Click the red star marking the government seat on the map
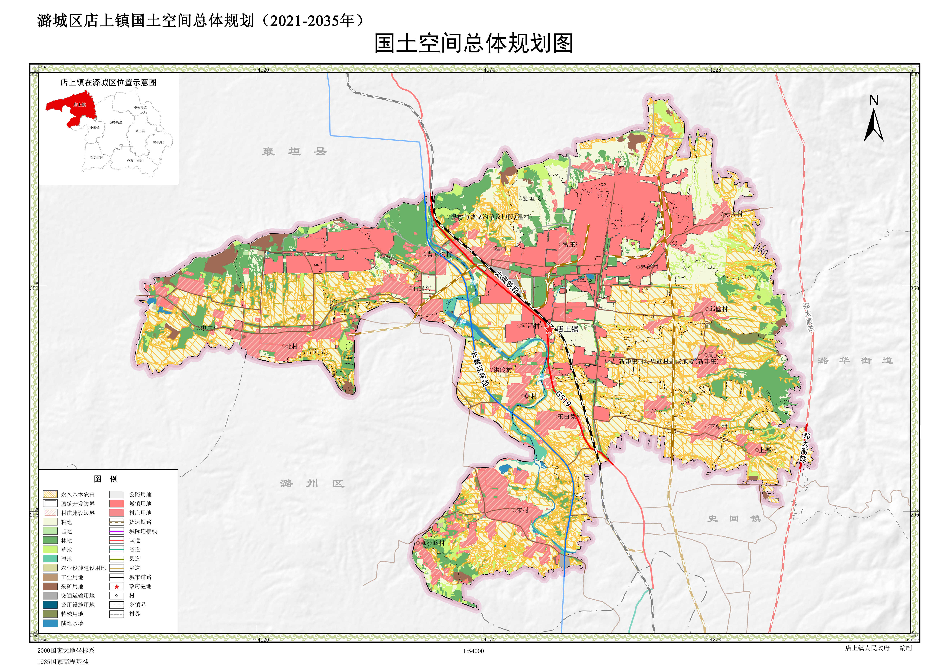tap(549, 329)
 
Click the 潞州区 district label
tap(312, 483)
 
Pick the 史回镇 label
tap(734, 518)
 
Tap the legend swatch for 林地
tap(50, 540)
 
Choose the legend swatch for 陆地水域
tap(50, 623)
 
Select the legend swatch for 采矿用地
tap(50, 586)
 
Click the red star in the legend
tap(117, 586)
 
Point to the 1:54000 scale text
tap(473, 651)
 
